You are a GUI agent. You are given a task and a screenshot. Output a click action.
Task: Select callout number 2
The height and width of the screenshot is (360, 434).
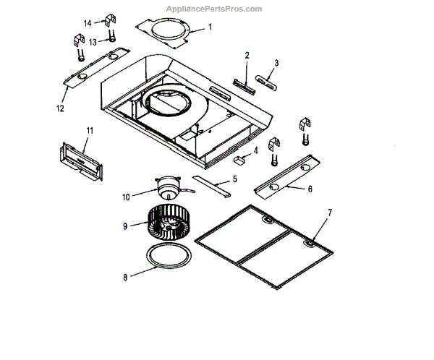coord(246,55)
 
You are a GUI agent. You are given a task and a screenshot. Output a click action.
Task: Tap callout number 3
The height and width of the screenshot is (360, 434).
coord(276,63)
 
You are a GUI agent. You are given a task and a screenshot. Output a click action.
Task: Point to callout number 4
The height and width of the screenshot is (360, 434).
coord(255,152)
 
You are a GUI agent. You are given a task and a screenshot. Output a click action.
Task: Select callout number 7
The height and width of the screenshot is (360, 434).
coord(329,212)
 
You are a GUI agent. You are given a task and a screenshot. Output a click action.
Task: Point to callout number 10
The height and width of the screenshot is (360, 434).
coord(124,196)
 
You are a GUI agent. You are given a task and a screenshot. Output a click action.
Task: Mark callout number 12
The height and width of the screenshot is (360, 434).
coord(59,108)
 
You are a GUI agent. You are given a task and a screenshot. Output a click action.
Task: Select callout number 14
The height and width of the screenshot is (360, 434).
coord(88,24)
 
